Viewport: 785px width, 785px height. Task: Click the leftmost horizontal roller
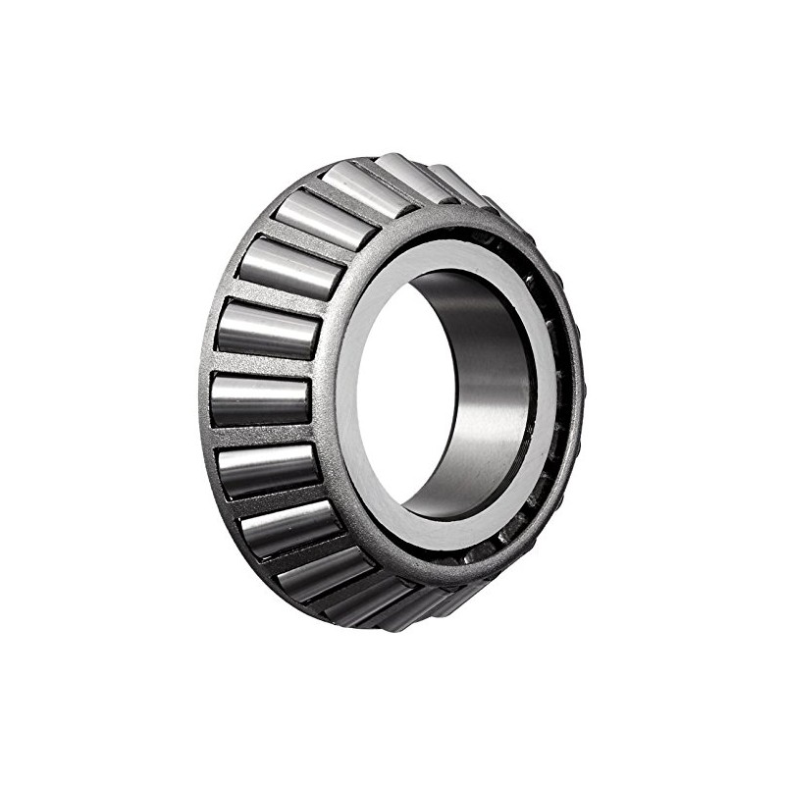(260, 400)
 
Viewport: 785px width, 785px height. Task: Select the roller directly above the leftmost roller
(267, 331)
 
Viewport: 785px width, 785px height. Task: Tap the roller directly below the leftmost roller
(269, 469)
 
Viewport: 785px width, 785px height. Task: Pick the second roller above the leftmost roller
(286, 267)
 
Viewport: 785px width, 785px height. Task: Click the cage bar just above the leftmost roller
(263, 366)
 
